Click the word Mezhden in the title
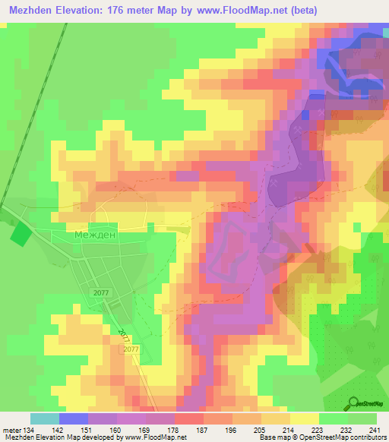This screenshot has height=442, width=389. pyautogui.click(x=35, y=11)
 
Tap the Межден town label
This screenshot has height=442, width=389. pyautogui.click(x=94, y=235)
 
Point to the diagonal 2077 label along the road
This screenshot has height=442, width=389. pyautogui.click(x=124, y=335)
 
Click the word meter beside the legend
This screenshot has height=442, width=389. pyautogui.click(x=14, y=429)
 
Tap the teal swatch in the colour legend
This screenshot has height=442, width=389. pyautogui.click(x=45, y=418)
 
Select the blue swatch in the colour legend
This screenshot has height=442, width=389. pyautogui.click(x=74, y=418)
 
